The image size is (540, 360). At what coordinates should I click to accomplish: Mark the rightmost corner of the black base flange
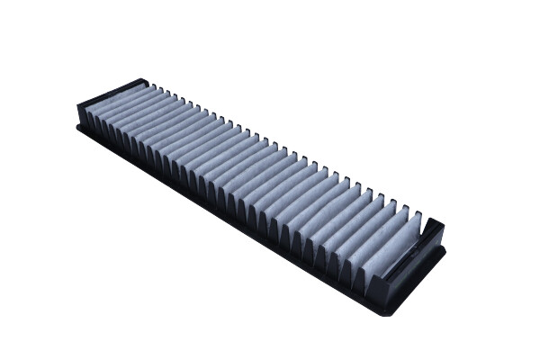click(445, 248)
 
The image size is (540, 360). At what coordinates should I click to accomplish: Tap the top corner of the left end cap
click(144, 80)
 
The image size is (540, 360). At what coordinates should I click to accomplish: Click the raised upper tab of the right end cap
click(434, 225)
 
